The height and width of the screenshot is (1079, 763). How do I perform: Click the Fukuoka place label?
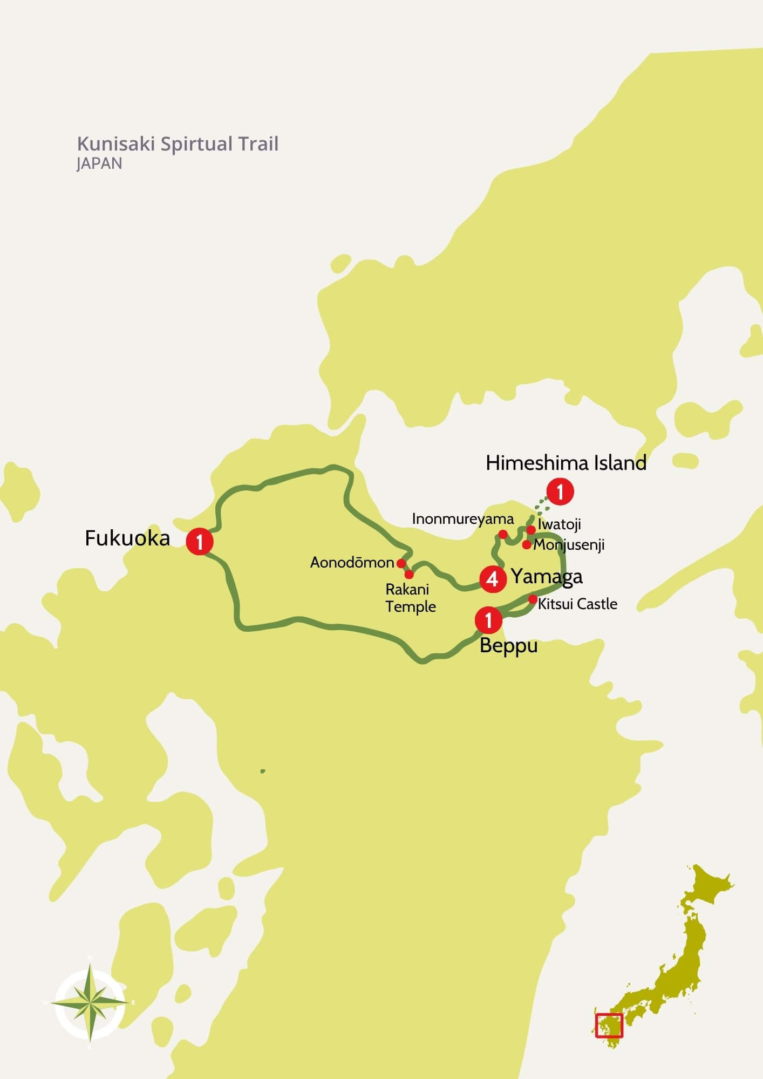pyautogui.click(x=127, y=538)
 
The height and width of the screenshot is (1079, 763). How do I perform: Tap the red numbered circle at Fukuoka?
pyautogui.click(x=200, y=541)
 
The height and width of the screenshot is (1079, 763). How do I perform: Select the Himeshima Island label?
pyautogui.click(x=566, y=463)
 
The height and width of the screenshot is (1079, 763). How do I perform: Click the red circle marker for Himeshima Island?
pyautogui.click(x=560, y=491)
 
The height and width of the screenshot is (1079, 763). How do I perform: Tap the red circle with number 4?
pyautogui.click(x=493, y=579)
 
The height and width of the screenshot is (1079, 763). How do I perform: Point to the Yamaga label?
pyautogui.click(x=547, y=577)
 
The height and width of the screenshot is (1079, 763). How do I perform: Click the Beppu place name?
pyautogui.click(x=508, y=646)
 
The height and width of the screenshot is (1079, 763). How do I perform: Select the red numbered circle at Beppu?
pyautogui.click(x=488, y=620)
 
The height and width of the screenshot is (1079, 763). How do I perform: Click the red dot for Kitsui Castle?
pyautogui.click(x=533, y=599)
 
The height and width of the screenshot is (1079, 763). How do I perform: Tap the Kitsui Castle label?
pyautogui.click(x=577, y=604)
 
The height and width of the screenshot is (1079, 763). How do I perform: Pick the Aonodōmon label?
pyautogui.click(x=352, y=563)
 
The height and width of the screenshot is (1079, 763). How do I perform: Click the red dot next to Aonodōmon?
pyautogui.click(x=401, y=563)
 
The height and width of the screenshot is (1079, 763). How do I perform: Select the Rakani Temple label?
pyautogui.click(x=410, y=598)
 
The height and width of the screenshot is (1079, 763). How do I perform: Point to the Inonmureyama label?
pyautogui.click(x=462, y=519)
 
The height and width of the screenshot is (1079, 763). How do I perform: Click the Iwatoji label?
pyautogui.click(x=559, y=524)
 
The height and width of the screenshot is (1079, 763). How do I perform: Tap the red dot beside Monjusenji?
pyautogui.click(x=527, y=545)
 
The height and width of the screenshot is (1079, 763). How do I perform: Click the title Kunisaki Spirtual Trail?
pyautogui.click(x=178, y=144)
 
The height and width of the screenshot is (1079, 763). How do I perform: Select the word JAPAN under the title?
pyautogui.click(x=99, y=163)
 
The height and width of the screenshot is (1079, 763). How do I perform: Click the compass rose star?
pyautogui.click(x=90, y=1003)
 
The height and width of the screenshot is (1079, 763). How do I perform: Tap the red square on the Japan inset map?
pyautogui.click(x=609, y=1025)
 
